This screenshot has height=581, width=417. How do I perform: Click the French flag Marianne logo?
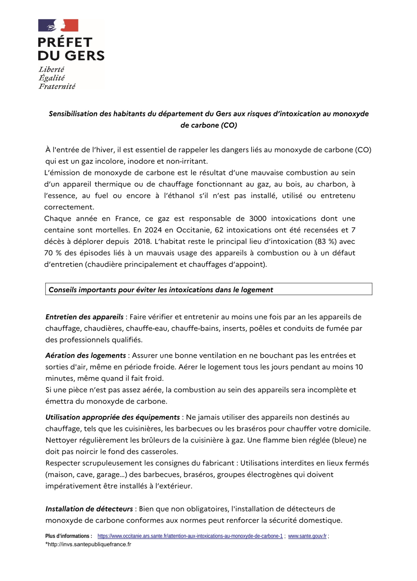point(58,25)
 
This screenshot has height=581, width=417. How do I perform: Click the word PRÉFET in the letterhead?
point(65,42)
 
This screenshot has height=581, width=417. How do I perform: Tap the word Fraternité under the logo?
point(57,86)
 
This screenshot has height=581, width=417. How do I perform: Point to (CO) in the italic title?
point(229,125)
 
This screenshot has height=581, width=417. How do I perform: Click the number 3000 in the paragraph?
point(258,219)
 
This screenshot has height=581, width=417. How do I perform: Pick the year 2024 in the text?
point(152,230)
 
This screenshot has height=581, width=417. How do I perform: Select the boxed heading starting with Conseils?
point(161,290)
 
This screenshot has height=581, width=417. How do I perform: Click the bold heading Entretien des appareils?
point(84,317)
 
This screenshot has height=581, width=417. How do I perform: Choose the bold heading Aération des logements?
point(86,355)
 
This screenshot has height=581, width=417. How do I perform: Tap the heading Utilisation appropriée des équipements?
point(113,417)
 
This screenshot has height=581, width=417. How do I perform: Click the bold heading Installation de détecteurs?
point(89,509)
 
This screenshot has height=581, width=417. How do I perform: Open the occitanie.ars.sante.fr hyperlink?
point(190,536)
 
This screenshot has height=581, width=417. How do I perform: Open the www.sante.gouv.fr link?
point(307,536)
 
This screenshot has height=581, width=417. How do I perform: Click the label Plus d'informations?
point(69,536)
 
